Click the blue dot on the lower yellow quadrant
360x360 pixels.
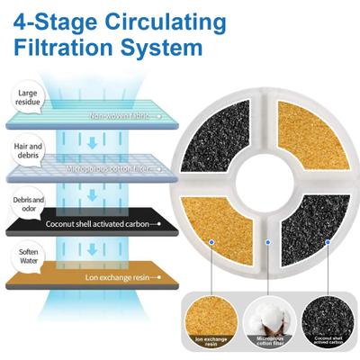pyautogui.click(x=211, y=241)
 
